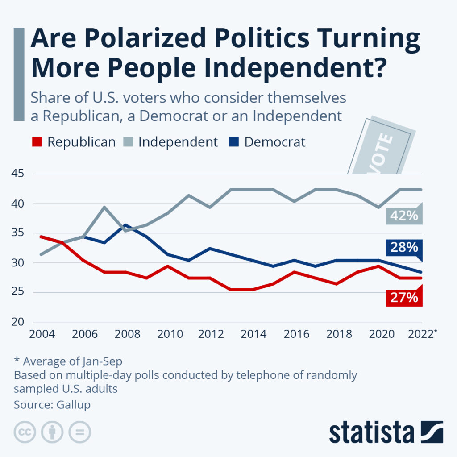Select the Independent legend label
click(178, 142)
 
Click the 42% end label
click(404, 216)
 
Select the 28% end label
click(404, 247)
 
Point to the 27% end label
click(404, 297)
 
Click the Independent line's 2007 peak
click(104, 207)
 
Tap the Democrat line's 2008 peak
click(126, 225)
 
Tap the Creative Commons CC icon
click(25, 432)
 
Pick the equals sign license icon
click(79, 432)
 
